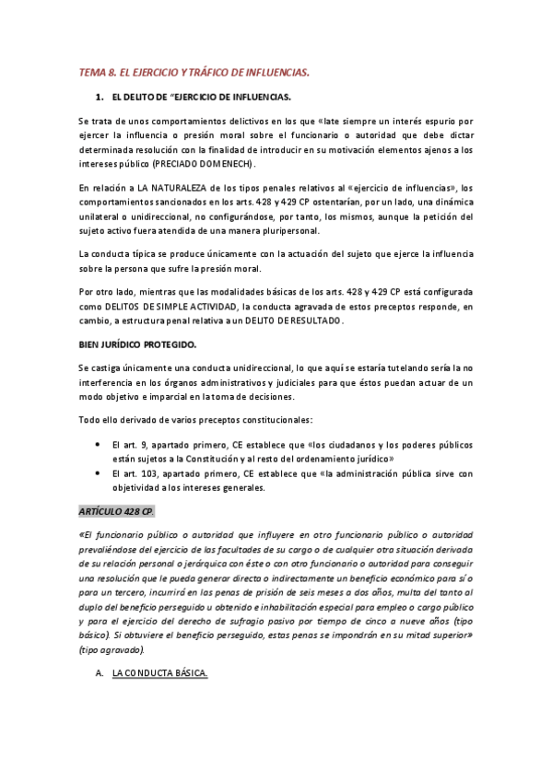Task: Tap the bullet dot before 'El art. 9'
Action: point(100,444)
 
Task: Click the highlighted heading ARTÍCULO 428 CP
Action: point(116,511)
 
